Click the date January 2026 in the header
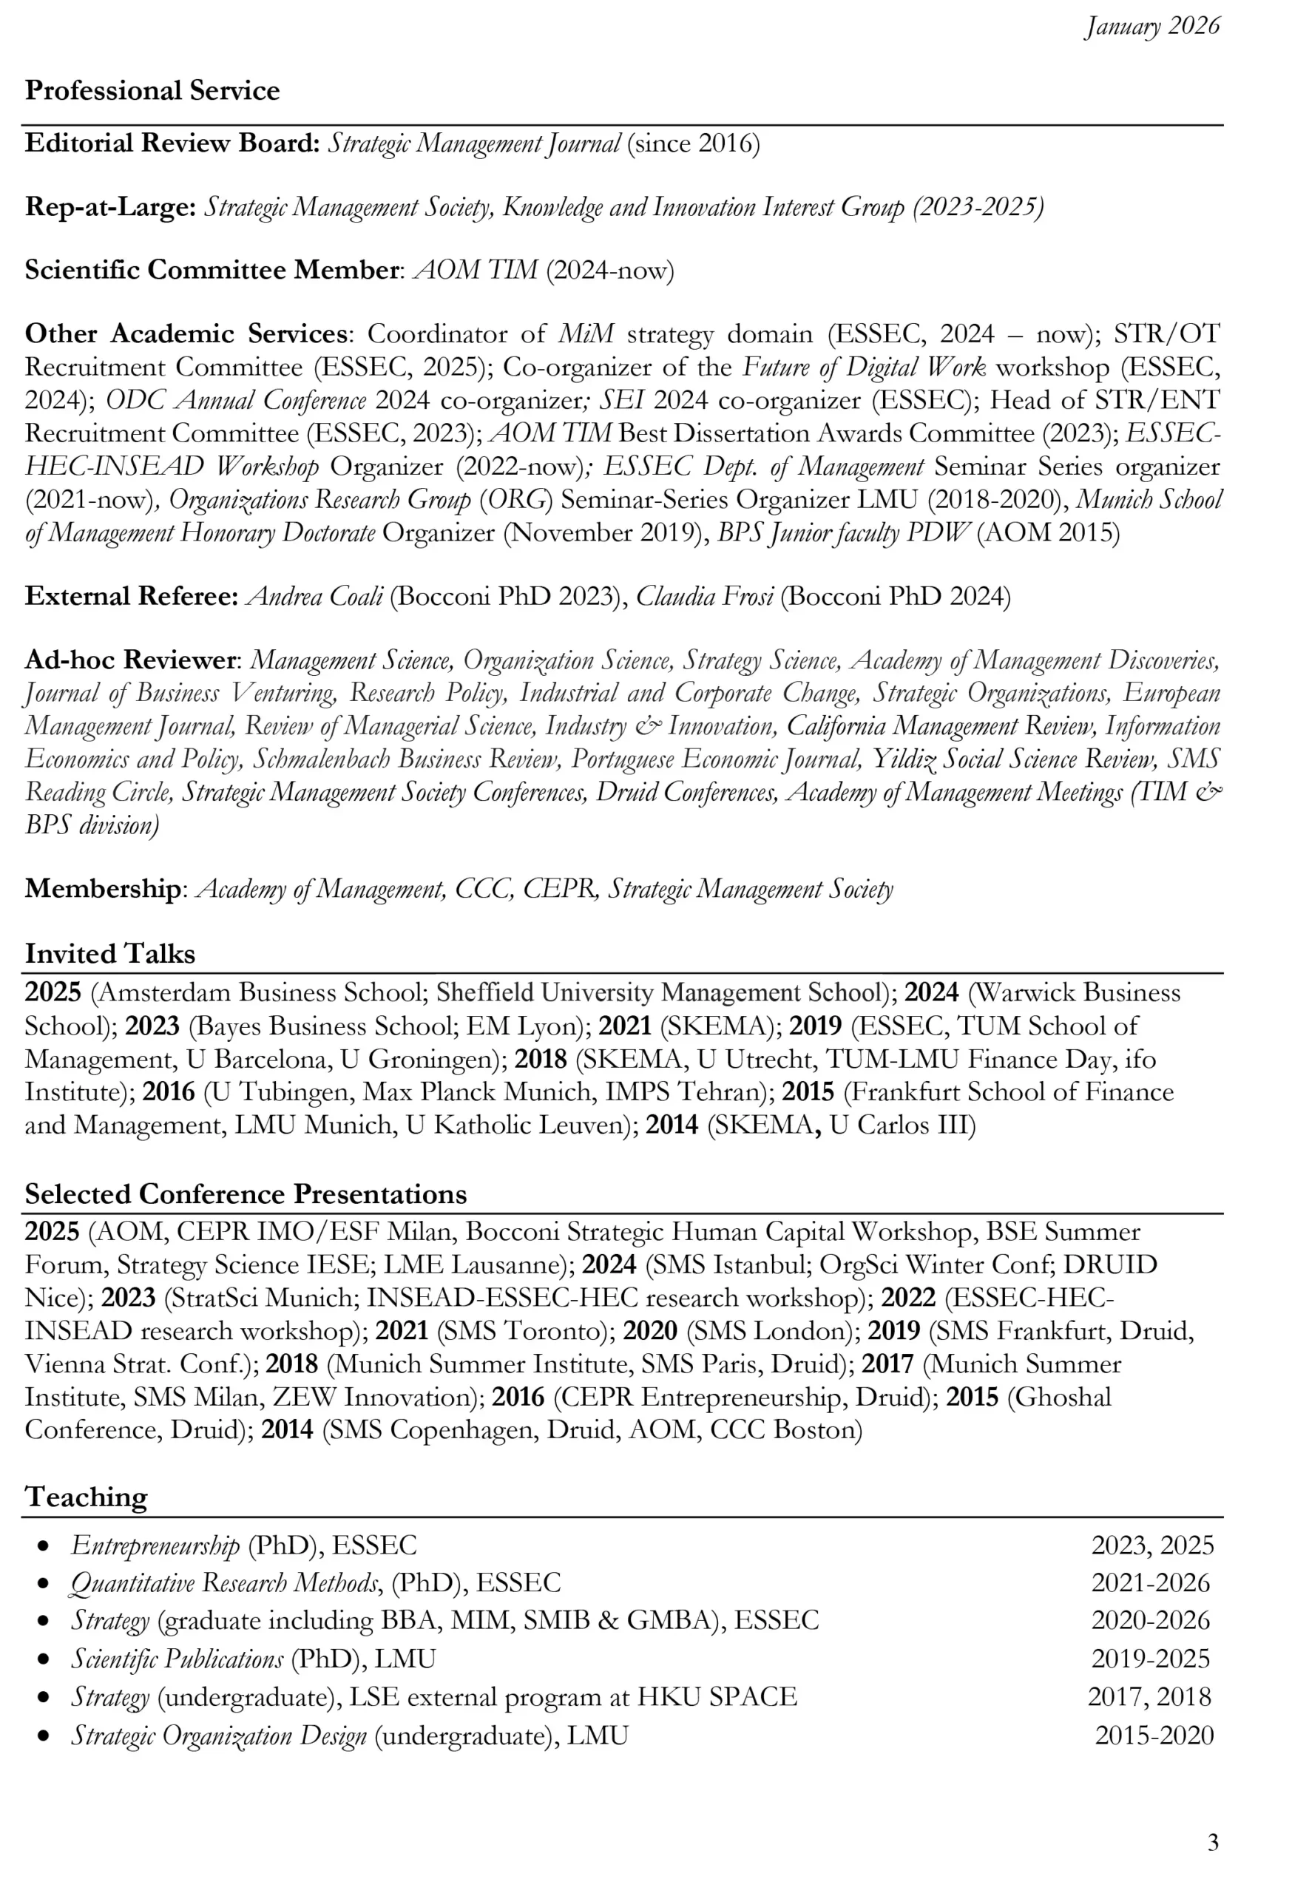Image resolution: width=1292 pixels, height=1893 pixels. point(1152,27)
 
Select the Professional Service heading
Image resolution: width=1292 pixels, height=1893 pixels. point(152,90)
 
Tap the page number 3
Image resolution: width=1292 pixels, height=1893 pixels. point(1213,1842)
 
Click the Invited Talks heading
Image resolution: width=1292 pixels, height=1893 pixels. point(110,954)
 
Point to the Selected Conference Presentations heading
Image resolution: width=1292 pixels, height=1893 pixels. point(246,1194)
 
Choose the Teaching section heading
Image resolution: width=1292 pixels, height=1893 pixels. point(87,1497)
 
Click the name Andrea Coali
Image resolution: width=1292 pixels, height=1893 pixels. point(315,596)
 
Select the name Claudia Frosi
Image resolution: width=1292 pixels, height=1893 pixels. point(705,596)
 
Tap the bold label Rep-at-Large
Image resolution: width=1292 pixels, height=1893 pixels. point(110,207)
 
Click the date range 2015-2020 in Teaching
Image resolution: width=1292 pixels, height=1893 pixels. point(1154,1735)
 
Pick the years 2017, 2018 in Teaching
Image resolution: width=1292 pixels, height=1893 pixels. point(1149,1697)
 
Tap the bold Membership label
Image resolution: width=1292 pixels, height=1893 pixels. point(103,889)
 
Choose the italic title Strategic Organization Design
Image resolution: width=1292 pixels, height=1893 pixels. point(219,1735)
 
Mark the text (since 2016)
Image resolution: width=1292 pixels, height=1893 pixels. point(693,143)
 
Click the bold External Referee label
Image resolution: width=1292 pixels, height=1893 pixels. point(131,596)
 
